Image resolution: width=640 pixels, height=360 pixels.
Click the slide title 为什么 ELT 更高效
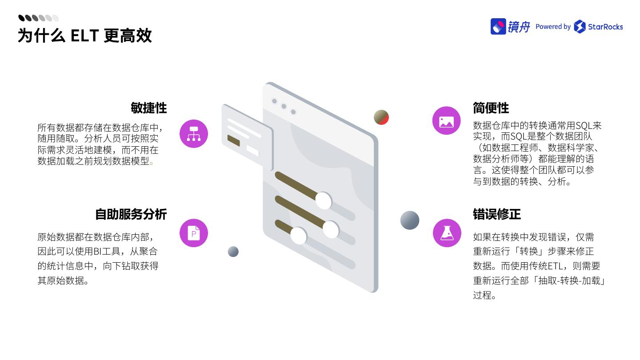[x=84, y=36]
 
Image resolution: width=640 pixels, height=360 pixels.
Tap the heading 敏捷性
[x=148, y=108]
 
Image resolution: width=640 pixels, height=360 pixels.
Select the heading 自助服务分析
[x=131, y=214]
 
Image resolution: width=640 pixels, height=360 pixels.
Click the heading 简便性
[x=491, y=108]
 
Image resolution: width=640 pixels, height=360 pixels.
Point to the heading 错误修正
[x=496, y=214]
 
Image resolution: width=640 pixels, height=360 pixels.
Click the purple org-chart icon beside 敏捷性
[x=194, y=134]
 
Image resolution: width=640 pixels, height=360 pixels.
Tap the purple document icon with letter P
[x=194, y=233]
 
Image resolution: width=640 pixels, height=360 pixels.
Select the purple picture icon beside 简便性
[x=446, y=121]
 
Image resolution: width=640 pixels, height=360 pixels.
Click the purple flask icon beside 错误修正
[x=447, y=233]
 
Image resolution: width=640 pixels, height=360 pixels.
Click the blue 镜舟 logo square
[x=498, y=26]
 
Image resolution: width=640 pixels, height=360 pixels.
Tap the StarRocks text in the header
[x=605, y=27]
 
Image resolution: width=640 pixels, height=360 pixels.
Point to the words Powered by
[x=553, y=27]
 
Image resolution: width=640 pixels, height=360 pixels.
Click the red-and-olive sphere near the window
[x=381, y=117]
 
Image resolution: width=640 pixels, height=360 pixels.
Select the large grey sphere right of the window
[x=409, y=220]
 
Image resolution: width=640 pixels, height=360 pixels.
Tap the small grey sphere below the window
[x=233, y=252]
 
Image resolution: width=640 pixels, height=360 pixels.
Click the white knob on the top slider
[x=324, y=201]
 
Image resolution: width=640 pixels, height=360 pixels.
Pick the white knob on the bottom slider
[x=299, y=236]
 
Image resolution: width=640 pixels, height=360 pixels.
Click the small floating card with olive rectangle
[x=247, y=137]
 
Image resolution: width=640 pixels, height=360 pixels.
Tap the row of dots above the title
[x=38, y=18]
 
